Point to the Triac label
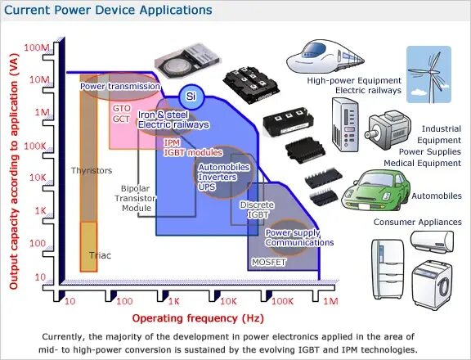pyautogui.click(x=101, y=255)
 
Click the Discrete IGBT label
pyautogui.click(x=255, y=210)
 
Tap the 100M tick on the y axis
pyautogui.click(x=38, y=47)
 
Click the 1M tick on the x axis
pyautogui.click(x=330, y=301)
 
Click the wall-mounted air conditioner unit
pyautogui.click(x=431, y=241)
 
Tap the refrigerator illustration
pyautogui.click(x=389, y=269)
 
